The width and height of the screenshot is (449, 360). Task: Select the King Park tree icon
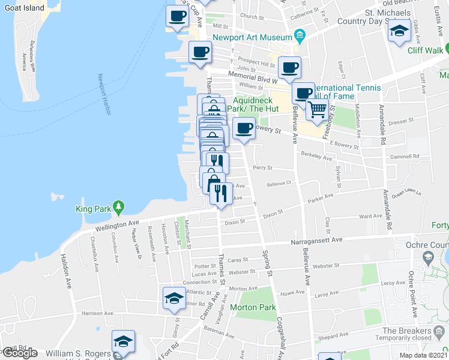(119, 208)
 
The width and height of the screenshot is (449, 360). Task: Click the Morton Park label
(257, 307)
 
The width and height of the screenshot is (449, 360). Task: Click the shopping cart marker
(317, 110)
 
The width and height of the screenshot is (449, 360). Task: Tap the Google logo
(19, 353)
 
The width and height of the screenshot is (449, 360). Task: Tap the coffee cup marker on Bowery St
(244, 128)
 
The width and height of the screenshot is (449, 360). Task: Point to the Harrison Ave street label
(98, 313)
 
